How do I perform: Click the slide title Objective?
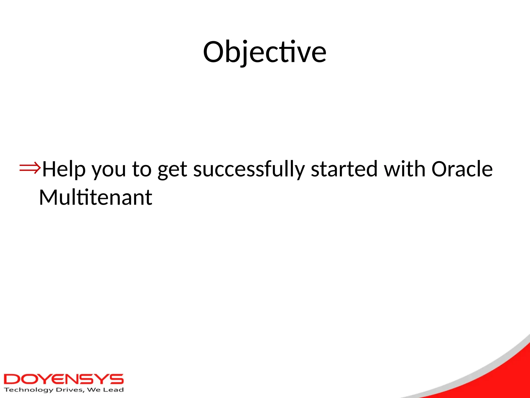click(264, 53)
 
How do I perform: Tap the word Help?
click(64, 169)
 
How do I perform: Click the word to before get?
click(142, 169)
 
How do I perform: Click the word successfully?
click(249, 169)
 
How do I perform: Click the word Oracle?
click(462, 169)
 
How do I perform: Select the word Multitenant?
click(95, 197)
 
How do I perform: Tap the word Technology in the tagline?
click(28, 390)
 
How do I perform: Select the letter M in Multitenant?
click(49, 197)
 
